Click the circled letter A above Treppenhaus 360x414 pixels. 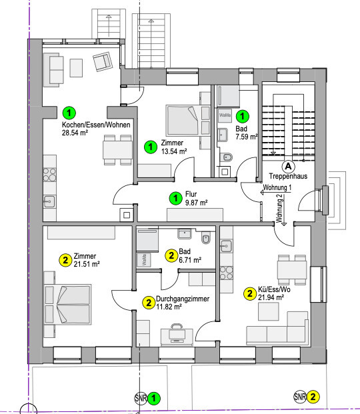289,167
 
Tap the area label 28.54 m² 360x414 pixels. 75,133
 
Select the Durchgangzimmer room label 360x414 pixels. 183,299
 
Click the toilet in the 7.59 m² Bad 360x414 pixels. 227,157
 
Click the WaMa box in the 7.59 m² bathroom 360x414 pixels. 225,115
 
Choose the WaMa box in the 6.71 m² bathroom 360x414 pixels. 144,260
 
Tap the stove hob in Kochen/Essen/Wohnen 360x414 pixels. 49,175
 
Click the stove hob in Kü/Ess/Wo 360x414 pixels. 227,273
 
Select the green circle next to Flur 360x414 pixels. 175,199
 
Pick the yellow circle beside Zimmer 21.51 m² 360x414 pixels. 65,260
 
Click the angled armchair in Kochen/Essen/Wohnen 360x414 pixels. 103,61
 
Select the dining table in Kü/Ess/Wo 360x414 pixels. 292,270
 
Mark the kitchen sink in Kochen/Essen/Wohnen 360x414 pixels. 49,202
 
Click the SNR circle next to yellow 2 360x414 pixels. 300,397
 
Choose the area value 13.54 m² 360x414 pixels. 174,151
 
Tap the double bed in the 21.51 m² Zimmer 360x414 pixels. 67,305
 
